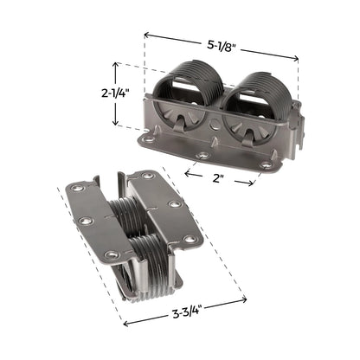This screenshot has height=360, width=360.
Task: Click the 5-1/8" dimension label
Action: click(x=222, y=45)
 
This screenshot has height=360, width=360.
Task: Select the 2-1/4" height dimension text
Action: click(x=115, y=93)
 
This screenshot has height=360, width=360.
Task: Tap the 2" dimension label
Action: click(x=218, y=178)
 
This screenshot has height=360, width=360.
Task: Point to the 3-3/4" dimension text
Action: click(x=187, y=313)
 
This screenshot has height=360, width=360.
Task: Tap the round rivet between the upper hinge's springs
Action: click(x=215, y=124)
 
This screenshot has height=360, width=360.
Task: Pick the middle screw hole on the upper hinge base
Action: click(x=203, y=156)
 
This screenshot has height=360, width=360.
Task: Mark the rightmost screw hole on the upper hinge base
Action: click(x=266, y=165)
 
